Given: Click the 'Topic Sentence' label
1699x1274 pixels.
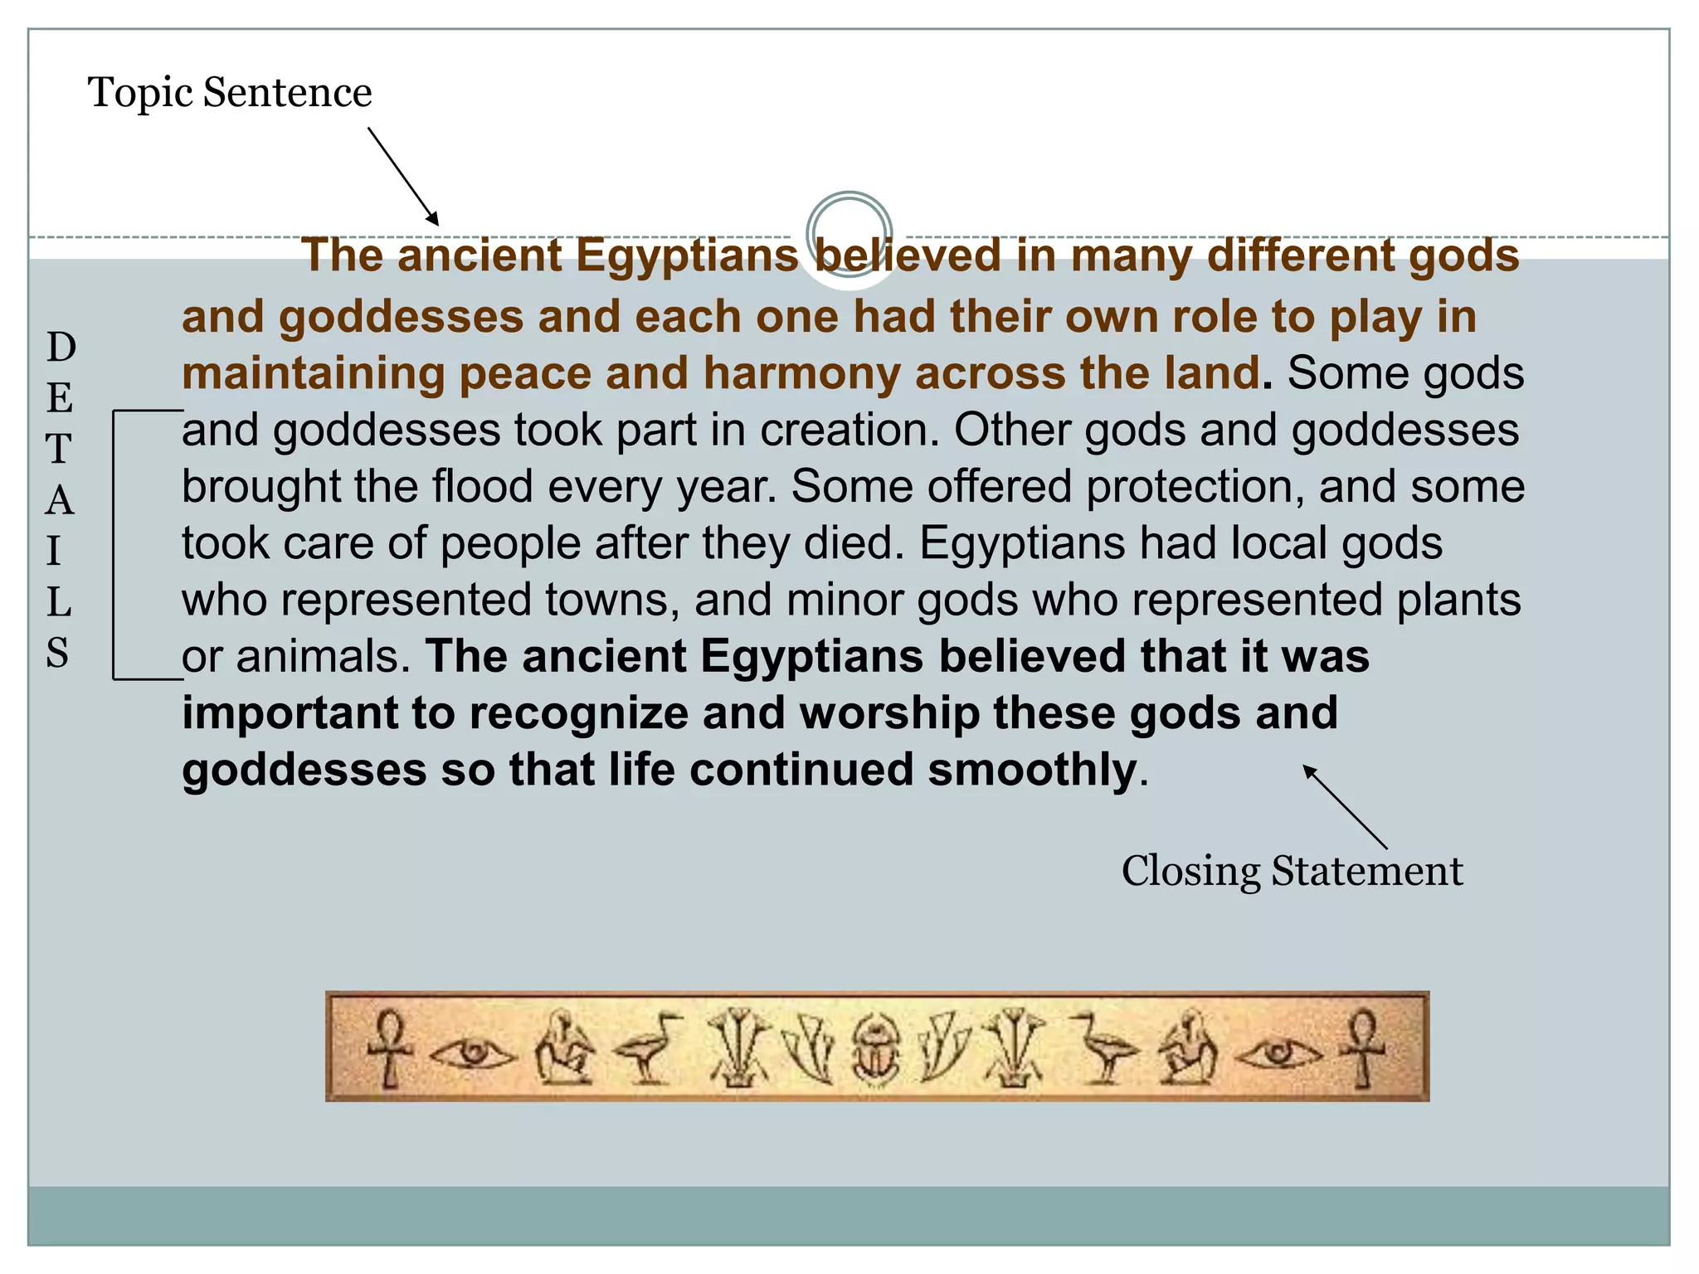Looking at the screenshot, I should [x=230, y=92].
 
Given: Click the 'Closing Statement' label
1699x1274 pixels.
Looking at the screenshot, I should [x=1292, y=871].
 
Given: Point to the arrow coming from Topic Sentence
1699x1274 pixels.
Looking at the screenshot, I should [x=403, y=176].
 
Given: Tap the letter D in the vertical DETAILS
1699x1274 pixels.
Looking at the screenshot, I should [x=61, y=347].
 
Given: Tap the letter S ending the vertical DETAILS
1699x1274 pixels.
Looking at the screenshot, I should [x=57, y=653].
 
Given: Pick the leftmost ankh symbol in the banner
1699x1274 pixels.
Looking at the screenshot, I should [x=389, y=1047].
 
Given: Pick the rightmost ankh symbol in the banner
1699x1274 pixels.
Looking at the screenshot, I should [x=1363, y=1047].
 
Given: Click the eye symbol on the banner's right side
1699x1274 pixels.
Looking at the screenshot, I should [x=1278, y=1053].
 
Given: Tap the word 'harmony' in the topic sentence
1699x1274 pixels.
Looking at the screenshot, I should [x=801, y=373].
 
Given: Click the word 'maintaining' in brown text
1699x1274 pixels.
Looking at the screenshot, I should [x=313, y=373].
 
